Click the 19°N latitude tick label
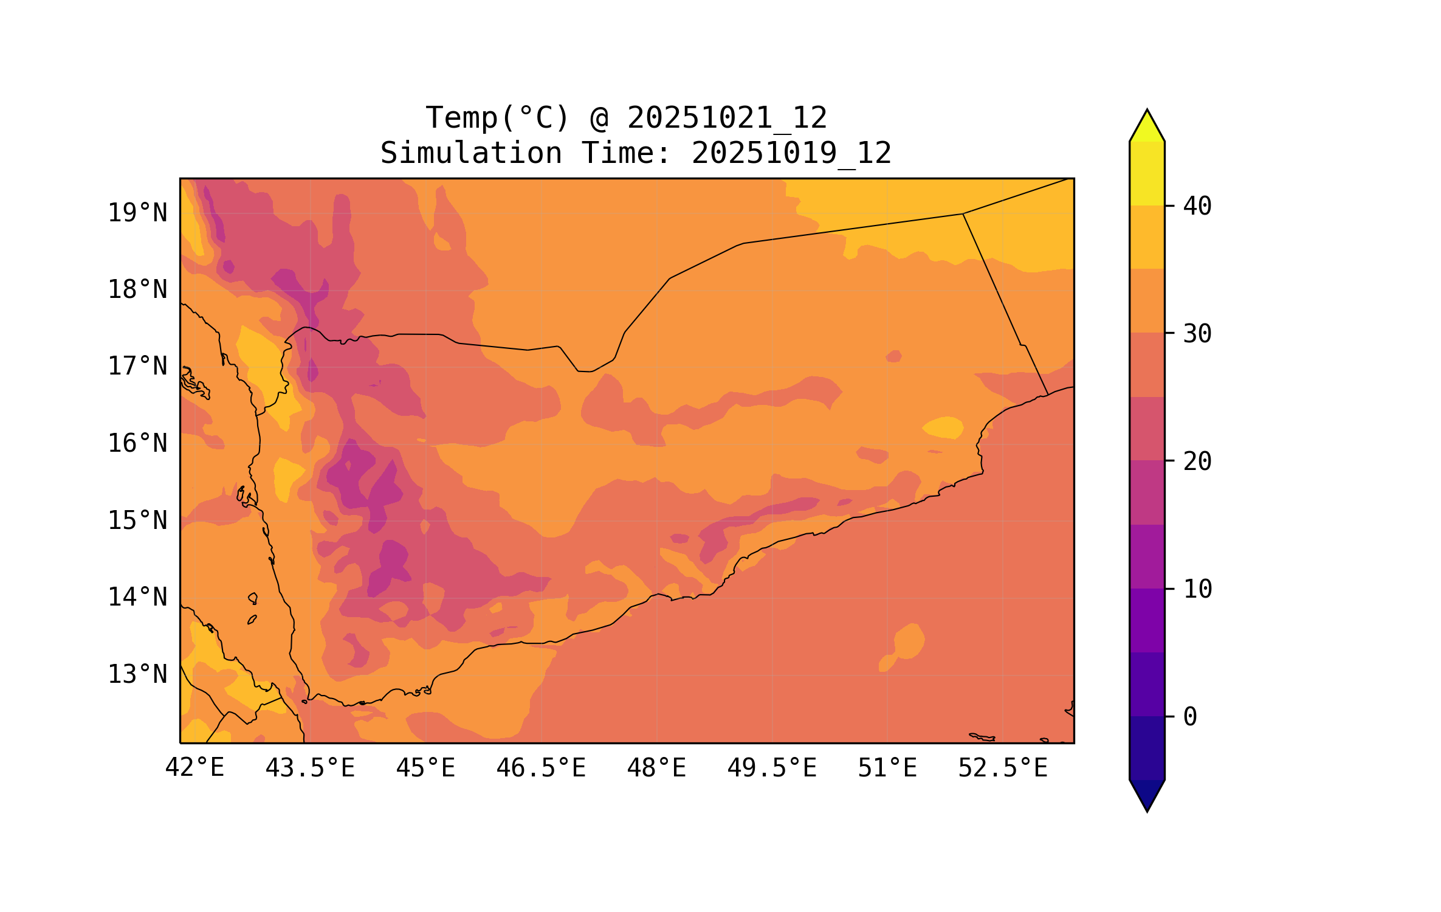tap(137, 213)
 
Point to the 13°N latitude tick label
tap(137, 674)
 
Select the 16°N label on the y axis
tap(137, 443)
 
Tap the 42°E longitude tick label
tap(194, 768)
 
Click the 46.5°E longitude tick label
tap(541, 768)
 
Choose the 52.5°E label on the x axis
tap(1003, 768)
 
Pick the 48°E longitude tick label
tap(656, 768)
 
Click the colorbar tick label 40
tap(1197, 206)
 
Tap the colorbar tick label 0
tap(1190, 717)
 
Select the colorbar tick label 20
tap(1197, 461)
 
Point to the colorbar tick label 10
tap(1197, 589)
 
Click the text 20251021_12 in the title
tap(727, 117)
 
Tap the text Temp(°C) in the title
tap(497, 117)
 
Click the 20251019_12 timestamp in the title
tap(791, 153)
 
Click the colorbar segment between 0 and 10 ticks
tap(1147, 652)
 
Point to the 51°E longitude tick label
tap(887, 768)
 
